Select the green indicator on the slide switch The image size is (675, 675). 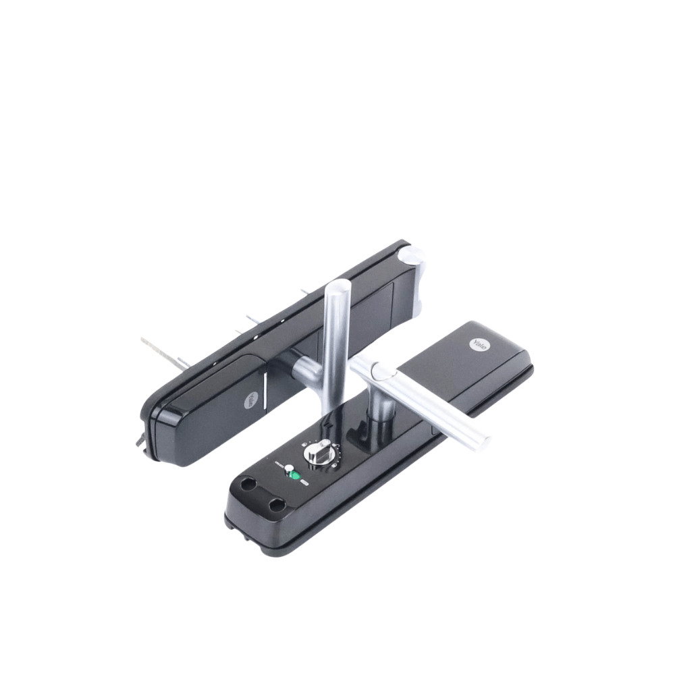tap(296, 476)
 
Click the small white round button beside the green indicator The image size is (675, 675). tap(289, 468)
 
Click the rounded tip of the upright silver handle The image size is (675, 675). tap(338, 286)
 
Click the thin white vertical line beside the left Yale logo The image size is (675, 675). tap(265, 387)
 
